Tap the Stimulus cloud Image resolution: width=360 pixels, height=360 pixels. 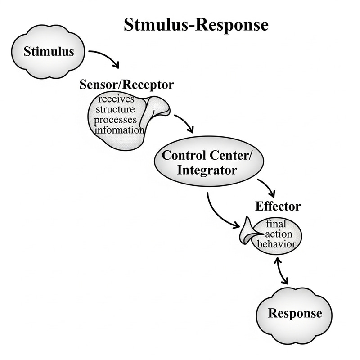tap(48, 51)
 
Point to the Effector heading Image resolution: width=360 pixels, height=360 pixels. tap(278, 207)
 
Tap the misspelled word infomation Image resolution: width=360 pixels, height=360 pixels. tap(118, 130)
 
